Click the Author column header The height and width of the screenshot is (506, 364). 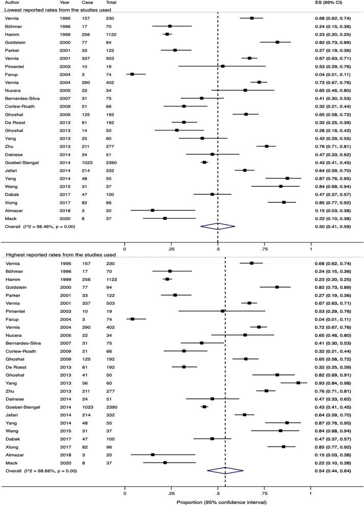tap(13, 3)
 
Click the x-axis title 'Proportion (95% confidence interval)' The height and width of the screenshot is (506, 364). tap(217, 501)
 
